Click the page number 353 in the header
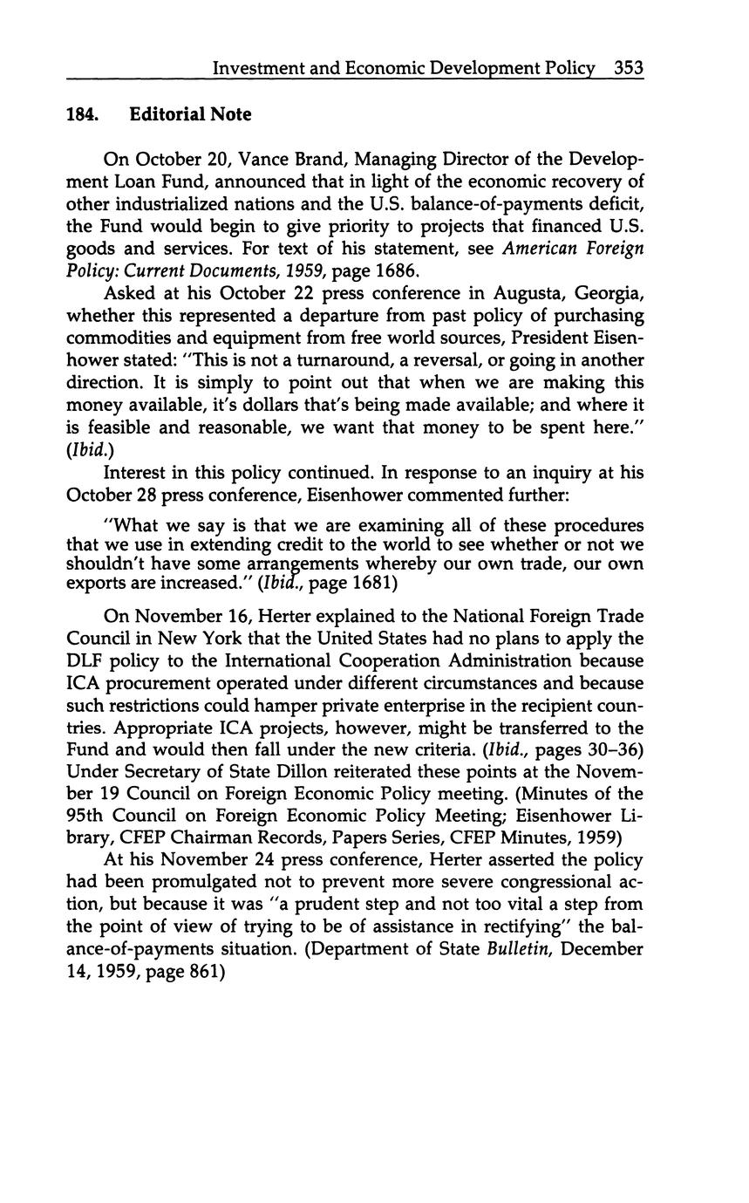click(628, 67)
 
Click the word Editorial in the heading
click(167, 114)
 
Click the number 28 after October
click(142, 494)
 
